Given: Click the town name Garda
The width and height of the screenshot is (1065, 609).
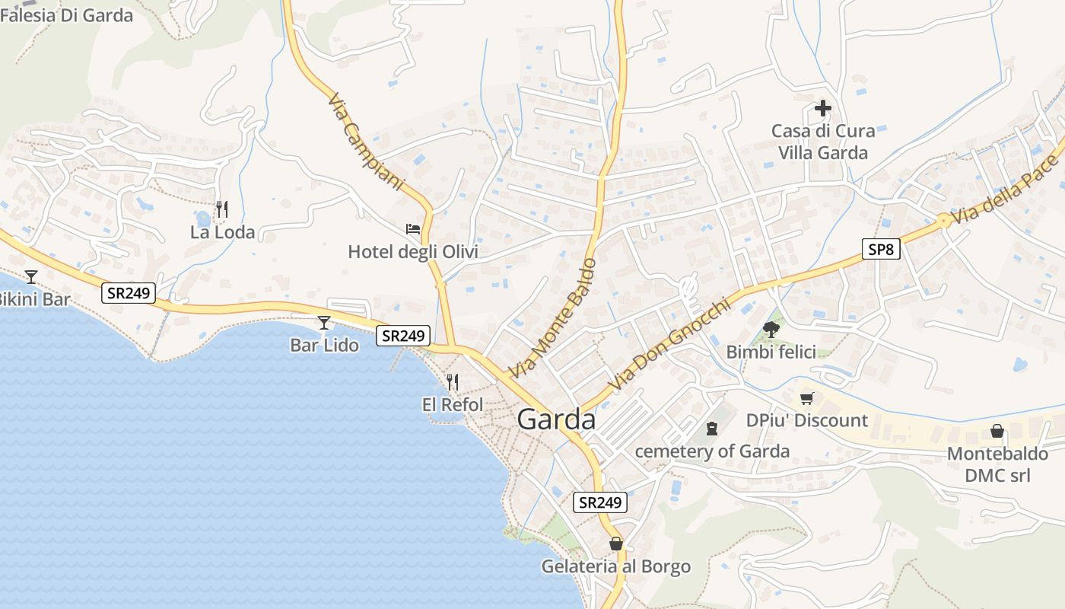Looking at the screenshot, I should point(556,419).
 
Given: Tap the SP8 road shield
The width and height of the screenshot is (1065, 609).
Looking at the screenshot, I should point(881,249).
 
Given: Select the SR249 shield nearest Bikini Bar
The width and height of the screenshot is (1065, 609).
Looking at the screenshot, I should point(129,293).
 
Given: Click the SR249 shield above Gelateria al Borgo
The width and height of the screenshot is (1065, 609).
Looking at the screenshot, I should point(599,502).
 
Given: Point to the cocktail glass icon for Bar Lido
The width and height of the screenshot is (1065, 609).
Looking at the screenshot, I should point(324,323).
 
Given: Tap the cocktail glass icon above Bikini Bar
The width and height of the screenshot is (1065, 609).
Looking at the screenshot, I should point(31,276).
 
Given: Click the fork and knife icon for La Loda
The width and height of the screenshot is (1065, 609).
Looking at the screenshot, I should point(222,209).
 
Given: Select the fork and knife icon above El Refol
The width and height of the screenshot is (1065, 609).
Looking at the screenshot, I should point(453,381).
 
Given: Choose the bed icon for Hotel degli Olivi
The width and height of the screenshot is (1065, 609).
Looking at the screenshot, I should point(413,228).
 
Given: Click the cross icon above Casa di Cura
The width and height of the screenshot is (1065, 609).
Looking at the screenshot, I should point(823,108).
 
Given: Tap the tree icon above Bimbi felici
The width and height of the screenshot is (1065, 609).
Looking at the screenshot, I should point(771,329).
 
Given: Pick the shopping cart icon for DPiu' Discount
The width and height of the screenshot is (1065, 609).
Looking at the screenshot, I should point(807,398).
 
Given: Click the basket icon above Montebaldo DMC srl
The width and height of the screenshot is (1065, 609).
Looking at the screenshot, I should point(997,432).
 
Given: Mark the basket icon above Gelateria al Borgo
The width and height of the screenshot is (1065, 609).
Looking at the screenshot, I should point(615,544).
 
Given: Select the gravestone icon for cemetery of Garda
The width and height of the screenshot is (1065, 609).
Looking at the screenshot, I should point(712,429).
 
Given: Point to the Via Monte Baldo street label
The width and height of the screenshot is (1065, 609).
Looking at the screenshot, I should point(552,320).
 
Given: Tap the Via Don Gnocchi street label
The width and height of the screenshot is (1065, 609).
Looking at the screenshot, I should point(669,346).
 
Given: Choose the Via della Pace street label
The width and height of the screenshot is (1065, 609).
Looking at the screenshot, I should point(1006,190).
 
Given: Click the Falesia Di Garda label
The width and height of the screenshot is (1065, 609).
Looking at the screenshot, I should point(67,15).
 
